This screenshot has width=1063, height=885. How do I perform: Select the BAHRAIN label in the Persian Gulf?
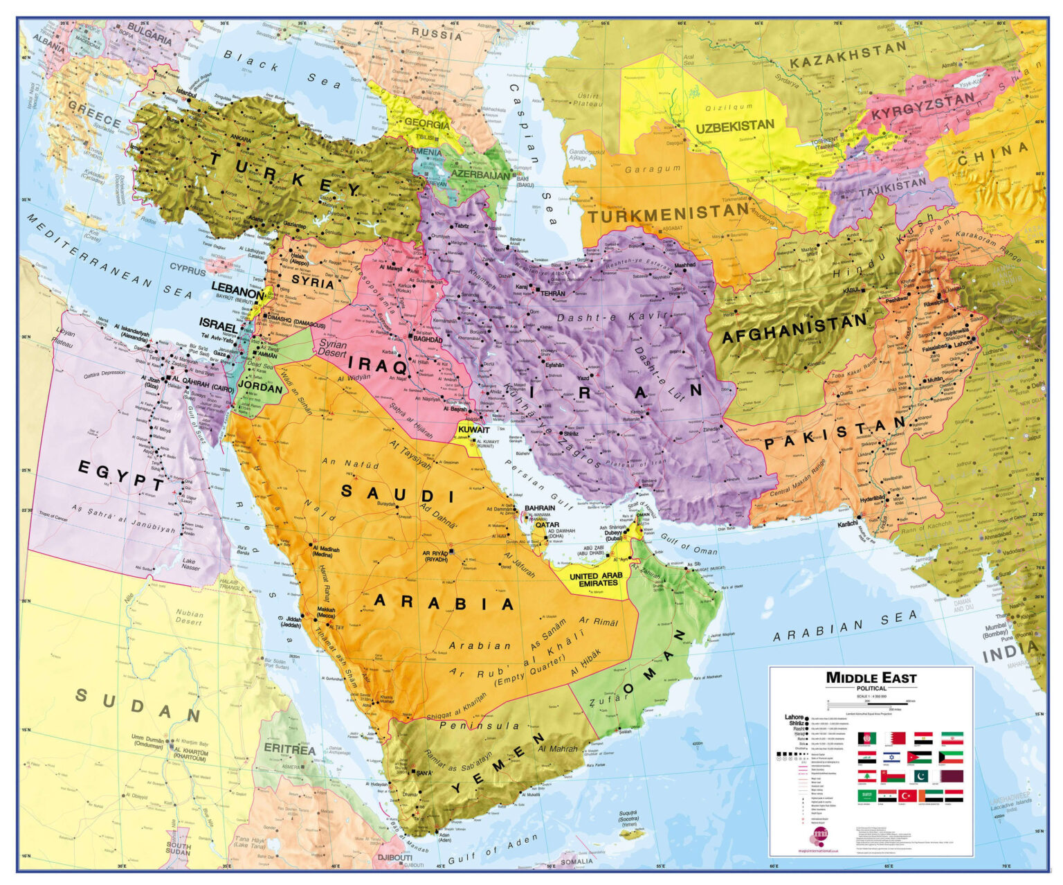click(540, 508)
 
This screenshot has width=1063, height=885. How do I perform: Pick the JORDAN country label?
click(260, 388)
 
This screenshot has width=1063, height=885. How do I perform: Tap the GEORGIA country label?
click(426, 124)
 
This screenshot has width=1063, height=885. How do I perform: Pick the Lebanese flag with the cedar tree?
click(867, 777)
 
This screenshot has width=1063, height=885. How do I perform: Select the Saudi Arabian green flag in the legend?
click(867, 796)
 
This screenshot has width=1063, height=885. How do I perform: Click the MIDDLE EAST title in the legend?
click(871, 678)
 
